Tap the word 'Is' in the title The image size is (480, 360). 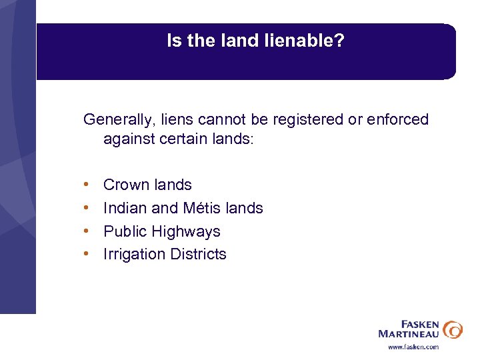(x=173, y=41)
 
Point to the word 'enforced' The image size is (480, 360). (x=398, y=120)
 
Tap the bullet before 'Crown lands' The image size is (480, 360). (x=87, y=185)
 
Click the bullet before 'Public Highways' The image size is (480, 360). (x=87, y=232)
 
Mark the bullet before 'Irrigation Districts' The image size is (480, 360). (x=87, y=255)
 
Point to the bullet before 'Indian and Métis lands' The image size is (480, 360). (x=87, y=209)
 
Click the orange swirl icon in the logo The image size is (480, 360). (x=453, y=329)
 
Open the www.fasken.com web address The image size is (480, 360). (x=413, y=347)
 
